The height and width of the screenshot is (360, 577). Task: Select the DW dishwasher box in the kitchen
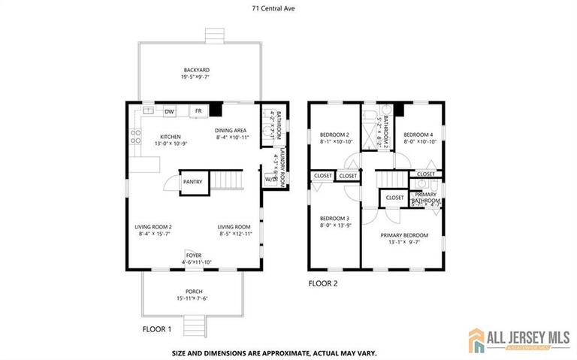170,111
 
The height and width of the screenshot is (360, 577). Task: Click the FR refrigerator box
198,111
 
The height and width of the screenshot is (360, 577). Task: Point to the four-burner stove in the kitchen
136,137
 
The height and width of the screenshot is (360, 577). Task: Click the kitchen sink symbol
149,110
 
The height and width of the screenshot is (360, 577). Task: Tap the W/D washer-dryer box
270,180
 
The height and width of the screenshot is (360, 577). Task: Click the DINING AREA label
231,130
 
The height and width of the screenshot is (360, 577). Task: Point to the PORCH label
194,291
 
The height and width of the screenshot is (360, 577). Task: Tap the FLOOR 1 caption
157,329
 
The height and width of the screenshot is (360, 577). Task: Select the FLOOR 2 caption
323,283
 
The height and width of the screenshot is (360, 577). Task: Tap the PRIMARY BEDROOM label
402,234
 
